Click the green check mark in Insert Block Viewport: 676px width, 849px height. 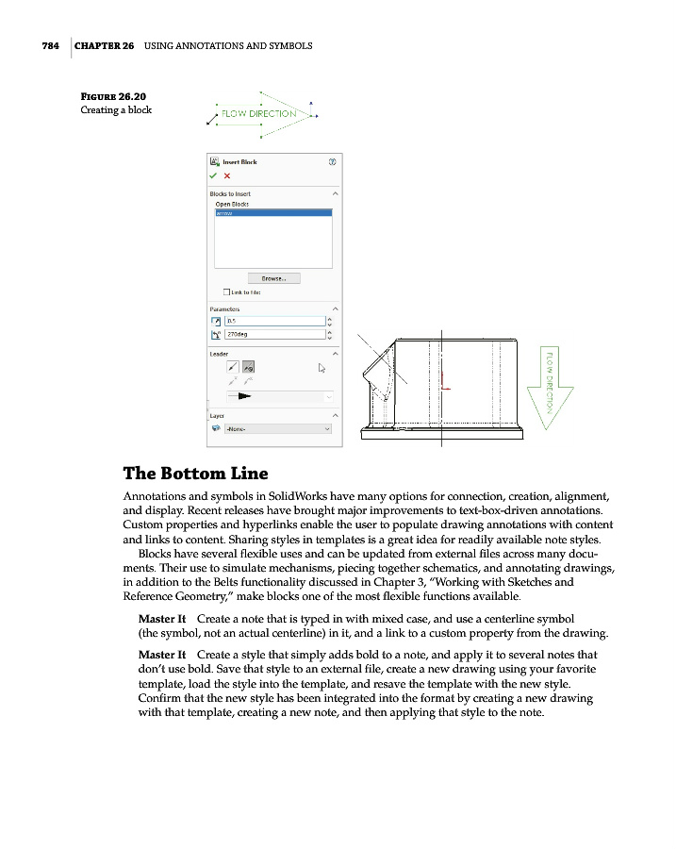(x=214, y=175)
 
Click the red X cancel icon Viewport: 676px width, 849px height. (x=227, y=175)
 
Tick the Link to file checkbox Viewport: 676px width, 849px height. (x=225, y=291)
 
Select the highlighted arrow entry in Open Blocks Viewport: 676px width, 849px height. (x=273, y=213)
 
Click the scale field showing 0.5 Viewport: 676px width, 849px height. (x=273, y=321)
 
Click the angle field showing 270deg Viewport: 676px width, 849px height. (x=273, y=334)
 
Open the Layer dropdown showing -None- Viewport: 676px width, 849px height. (x=277, y=428)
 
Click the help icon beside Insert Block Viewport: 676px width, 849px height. (x=332, y=161)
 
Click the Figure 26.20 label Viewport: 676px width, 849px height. (x=113, y=96)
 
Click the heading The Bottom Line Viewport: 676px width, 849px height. (x=195, y=474)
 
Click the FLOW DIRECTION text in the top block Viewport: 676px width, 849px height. (x=258, y=114)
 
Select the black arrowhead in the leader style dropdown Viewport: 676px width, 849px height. (x=248, y=396)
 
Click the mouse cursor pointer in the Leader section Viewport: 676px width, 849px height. (x=322, y=369)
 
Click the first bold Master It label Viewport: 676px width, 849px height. (x=161, y=618)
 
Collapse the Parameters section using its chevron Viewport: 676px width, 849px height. (x=336, y=308)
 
